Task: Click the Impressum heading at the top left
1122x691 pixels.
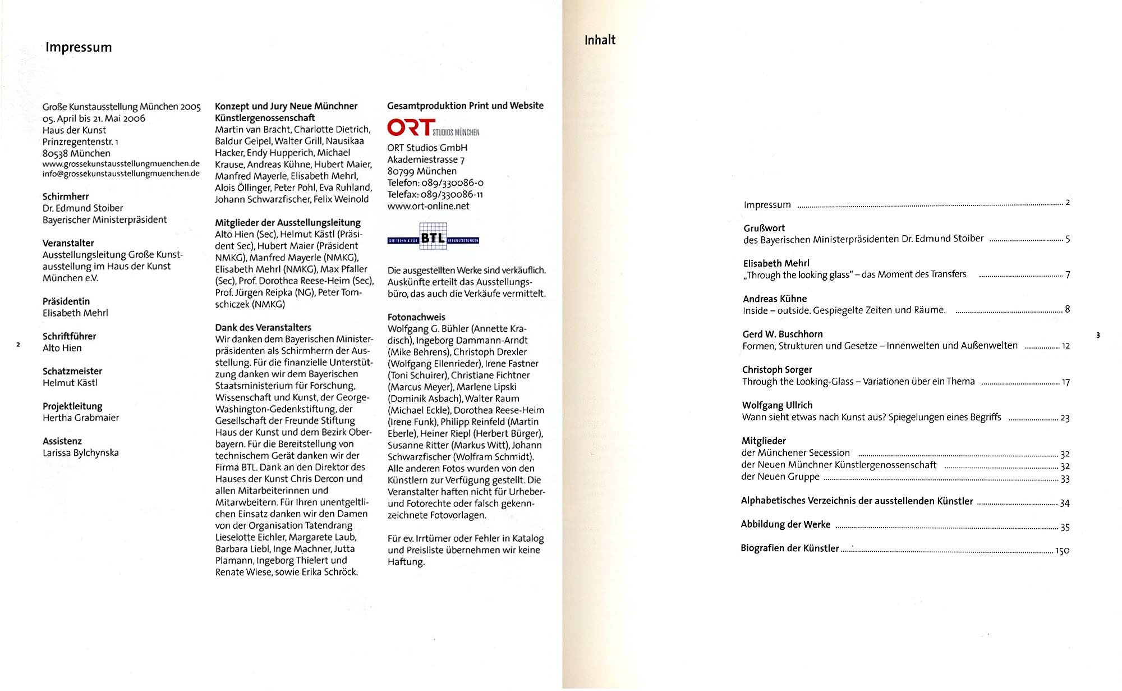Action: tap(79, 47)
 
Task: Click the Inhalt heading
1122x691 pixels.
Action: tap(600, 40)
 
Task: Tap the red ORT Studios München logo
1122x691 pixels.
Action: tap(433, 128)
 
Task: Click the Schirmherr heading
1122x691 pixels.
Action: tap(66, 196)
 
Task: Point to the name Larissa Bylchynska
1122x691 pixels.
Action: tap(81, 452)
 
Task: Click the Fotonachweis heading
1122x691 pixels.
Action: tap(416, 317)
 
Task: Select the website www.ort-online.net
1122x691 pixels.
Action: tap(428, 206)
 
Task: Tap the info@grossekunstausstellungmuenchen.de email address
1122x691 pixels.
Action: tap(121, 173)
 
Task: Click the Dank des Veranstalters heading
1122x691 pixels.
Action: tap(263, 327)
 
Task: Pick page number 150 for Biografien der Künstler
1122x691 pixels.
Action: tap(1062, 551)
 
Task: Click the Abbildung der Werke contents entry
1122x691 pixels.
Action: tap(785, 524)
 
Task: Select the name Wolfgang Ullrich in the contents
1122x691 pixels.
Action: tap(777, 405)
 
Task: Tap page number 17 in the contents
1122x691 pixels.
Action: tap(1065, 382)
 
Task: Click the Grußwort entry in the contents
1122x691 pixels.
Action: tap(764, 228)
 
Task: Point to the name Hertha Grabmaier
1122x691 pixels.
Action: tap(81, 418)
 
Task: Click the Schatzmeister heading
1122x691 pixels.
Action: tap(72, 371)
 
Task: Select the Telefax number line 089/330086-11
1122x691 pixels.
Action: tap(435, 194)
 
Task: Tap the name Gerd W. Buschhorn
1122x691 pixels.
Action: tap(783, 334)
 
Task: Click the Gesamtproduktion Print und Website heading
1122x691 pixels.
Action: tap(465, 106)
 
